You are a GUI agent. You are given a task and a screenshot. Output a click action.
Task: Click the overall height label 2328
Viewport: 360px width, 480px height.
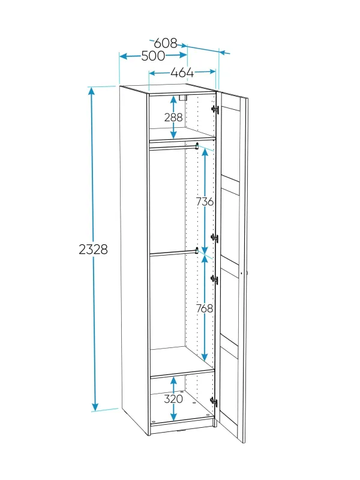point(94,250)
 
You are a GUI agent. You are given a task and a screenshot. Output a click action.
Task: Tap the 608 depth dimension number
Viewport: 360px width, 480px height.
point(166,43)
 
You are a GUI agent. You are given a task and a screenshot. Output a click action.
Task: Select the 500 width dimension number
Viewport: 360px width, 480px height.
point(153,56)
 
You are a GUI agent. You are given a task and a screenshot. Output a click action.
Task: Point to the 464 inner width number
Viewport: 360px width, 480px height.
point(182,73)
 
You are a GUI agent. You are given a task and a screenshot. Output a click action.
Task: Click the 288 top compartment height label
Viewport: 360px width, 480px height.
point(173,117)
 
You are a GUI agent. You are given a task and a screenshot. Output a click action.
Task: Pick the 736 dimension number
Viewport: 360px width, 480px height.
point(205,202)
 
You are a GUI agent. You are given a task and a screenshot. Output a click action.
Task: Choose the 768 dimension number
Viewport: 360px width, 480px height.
point(205,308)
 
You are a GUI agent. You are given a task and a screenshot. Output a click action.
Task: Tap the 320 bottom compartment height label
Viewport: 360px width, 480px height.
point(173,399)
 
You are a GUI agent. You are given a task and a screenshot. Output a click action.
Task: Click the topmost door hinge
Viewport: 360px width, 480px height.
point(215,109)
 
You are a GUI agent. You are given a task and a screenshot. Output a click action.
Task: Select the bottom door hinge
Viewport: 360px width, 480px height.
point(214,401)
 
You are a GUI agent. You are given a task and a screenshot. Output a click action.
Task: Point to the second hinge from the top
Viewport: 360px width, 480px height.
point(215,238)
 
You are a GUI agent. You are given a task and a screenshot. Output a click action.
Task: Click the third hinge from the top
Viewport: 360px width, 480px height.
point(214,280)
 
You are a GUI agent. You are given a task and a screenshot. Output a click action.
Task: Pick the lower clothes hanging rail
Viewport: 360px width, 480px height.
point(173,253)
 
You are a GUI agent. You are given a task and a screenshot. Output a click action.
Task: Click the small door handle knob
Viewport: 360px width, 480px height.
point(242,273)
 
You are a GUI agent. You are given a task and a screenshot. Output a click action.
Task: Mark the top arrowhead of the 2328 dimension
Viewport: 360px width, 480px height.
point(91,91)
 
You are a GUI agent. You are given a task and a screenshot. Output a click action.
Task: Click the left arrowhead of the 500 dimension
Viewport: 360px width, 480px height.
point(124,56)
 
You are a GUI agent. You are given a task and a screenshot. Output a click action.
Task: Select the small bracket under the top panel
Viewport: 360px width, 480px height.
point(182,98)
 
